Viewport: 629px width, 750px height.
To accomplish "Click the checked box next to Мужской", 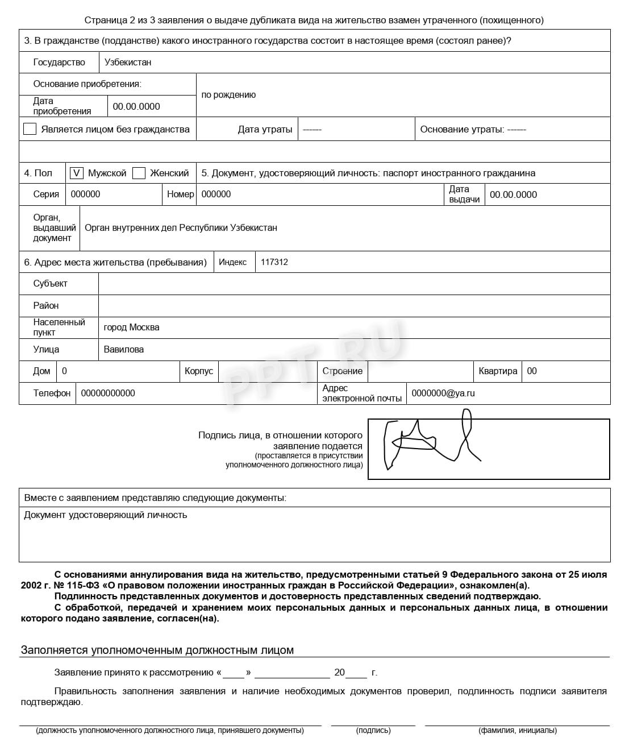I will click(x=76, y=173).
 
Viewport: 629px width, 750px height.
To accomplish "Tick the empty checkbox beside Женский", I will click(x=139, y=173).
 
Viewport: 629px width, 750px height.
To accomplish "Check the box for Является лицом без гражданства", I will click(x=30, y=129).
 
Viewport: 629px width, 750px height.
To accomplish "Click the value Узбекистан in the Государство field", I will click(x=128, y=62).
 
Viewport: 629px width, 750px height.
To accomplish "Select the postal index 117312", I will click(x=274, y=262).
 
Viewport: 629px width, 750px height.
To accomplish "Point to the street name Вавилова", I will click(x=123, y=349).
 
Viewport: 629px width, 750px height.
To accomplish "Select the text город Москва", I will click(x=131, y=327).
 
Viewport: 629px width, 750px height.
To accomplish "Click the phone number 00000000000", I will click(x=108, y=393).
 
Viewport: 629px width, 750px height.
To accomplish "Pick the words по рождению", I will click(x=228, y=95).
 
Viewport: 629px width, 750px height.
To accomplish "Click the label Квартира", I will click(x=498, y=371).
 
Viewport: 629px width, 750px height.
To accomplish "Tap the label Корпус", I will click(x=199, y=371).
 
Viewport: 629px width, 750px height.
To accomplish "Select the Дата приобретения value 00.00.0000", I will click(x=136, y=106).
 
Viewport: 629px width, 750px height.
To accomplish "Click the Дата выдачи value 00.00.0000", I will click(x=513, y=194).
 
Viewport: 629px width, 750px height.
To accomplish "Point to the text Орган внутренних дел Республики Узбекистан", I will click(x=181, y=227).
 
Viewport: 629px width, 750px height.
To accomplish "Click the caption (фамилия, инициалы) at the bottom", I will click(x=517, y=730).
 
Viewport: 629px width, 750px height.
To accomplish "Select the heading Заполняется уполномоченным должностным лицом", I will click(x=157, y=650).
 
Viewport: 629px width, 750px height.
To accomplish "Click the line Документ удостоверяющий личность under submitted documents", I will click(x=106, y=515).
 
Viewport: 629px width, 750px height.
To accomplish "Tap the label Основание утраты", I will click(x=461, y=129).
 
